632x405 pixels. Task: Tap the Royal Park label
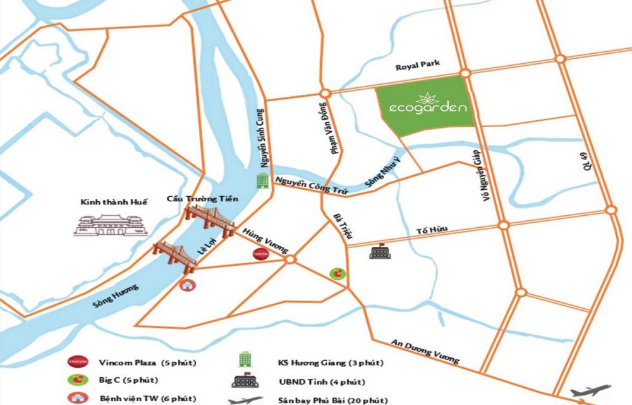[x=417, y=66]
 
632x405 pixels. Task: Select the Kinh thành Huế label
[x=113, y=202]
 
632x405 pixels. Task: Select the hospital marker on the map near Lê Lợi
[x=186, y=285]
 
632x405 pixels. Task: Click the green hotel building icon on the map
[x=260, y=182]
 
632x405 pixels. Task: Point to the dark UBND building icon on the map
[x=380, y=252]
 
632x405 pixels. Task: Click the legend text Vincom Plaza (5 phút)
[x=147, y=363]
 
